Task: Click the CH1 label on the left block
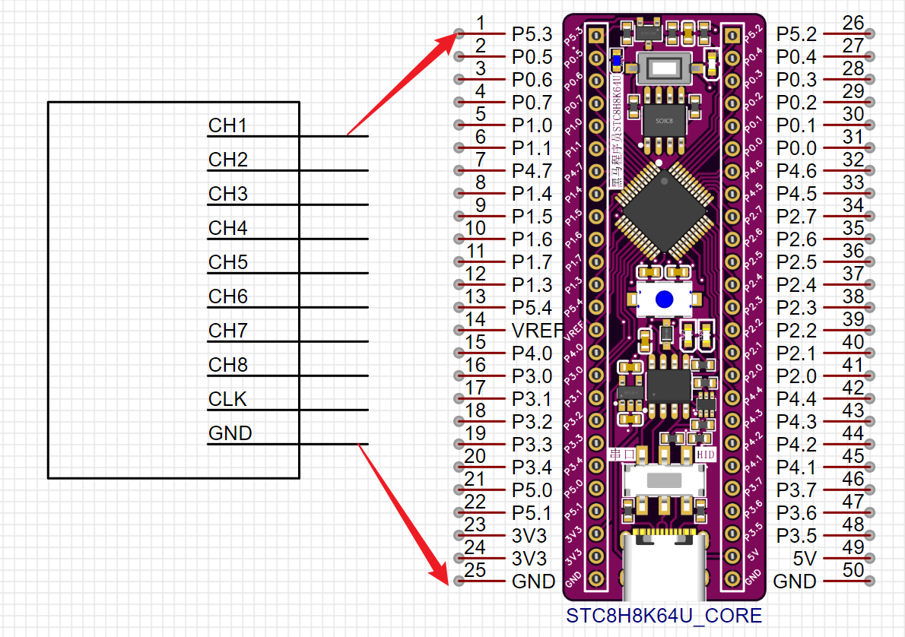point(227,125)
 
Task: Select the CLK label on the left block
point(227,399)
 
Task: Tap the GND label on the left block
point(230,433)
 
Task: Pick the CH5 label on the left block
point(228,262)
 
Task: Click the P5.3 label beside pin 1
point(532,34)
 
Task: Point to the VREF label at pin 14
point(535,331)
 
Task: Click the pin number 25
point(475,569)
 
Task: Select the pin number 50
point(853,569)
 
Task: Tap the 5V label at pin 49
point(805,559)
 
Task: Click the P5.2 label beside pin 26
point(796,34)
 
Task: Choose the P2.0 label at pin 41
point(796,376)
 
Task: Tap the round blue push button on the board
point(665,299)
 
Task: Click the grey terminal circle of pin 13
point(458,307)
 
